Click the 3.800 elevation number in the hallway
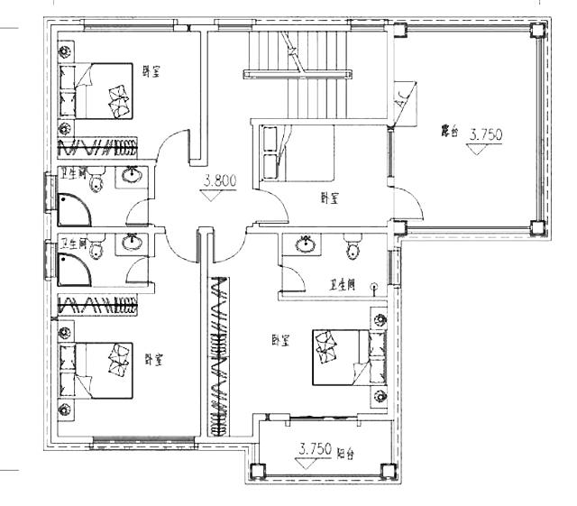[x=219, y=180]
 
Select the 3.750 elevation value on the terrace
[x=485, y=134]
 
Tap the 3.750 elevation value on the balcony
[x=316, y=448]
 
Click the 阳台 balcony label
[x=345, y=454]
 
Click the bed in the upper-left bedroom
[x=98, y=90]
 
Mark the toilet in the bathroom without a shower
[x=353, y=246]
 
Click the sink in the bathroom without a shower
[x=306, y=243]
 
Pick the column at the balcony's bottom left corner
[x=256, y=470]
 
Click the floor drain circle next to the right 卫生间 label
[x=372, y=287]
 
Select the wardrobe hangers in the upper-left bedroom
[x=98, y=148]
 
